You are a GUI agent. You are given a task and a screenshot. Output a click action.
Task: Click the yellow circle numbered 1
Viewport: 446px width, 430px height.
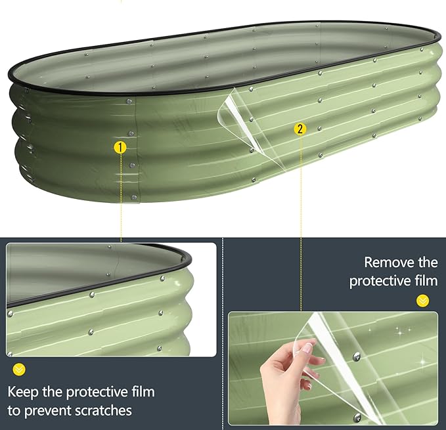[120, 148]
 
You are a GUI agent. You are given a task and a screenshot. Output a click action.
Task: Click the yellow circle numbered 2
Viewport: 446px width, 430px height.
[300, 129]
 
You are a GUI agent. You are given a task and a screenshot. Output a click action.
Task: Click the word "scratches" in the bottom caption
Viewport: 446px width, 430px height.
[104, 411]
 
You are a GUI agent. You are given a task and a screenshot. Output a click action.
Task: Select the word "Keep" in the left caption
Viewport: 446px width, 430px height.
[23, 392]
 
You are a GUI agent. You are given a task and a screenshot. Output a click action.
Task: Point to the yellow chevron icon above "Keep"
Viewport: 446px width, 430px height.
[19, 370]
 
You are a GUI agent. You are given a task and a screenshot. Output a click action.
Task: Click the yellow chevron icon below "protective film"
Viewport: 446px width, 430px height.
[422, 301]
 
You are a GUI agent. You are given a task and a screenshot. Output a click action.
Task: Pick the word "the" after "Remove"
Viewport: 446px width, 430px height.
[428, 262]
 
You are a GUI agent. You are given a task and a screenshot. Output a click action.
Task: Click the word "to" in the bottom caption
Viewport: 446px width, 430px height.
[14, 411]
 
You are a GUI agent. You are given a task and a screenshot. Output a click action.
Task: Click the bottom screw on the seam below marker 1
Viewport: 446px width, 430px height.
[133, 197]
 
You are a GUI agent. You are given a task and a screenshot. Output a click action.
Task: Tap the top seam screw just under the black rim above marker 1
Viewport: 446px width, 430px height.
[129, 101]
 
